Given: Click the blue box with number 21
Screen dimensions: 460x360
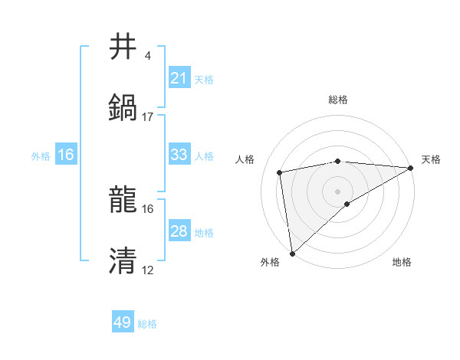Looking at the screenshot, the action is click(179, 78).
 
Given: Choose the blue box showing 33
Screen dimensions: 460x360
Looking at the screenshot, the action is click(179, 155).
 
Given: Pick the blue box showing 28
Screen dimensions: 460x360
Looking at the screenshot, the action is click(179, 231).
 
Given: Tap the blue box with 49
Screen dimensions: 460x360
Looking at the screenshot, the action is click(123, 322).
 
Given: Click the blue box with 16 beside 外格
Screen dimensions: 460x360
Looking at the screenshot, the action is click(66, 155).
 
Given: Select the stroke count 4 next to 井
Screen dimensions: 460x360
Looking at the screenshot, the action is click(148, 55).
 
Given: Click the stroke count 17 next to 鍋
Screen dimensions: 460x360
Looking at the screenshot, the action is click(148, 116).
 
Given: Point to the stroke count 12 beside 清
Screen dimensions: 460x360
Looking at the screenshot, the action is click(148, 270).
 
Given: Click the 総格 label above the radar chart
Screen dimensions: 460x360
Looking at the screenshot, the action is click(338, 100).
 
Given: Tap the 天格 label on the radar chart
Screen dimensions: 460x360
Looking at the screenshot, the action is click(431, 159).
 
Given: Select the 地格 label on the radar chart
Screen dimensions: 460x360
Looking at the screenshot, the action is click(402, 263).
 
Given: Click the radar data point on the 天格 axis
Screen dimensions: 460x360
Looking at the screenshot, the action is click(412, 168).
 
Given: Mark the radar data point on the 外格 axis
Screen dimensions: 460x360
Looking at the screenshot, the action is click(292, 253).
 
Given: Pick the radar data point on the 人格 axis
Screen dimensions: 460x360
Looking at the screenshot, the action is click(280, 172).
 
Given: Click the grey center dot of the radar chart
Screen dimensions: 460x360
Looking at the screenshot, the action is click(338, 191).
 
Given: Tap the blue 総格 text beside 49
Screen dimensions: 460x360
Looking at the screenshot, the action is click(147, 324).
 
